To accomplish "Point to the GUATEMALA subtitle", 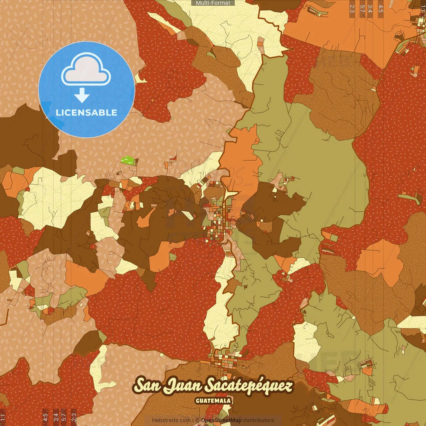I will click(x=213, y=401).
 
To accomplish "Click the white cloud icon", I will click(x=86, y=71).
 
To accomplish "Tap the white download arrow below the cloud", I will click(x=82, y=96).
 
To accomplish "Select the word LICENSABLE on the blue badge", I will click(x=87, y=112).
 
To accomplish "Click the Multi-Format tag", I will click(x=213, y=3).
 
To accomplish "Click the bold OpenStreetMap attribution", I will click(x=221, y=420).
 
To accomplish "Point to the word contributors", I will click(x=259, y=420).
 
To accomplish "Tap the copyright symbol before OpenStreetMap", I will click(x=197, y=420).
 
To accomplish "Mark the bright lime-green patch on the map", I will click(x=127, y=160).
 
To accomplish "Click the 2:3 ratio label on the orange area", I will click(x=352, y=9).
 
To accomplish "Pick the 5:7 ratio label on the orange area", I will click(x=362, y=9).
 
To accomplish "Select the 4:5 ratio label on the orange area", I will click(x=381, y=9).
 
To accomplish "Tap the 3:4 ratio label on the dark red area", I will click(x=56, y=417).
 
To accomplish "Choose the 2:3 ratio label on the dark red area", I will click(x=74, y=417).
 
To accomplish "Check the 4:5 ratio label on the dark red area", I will click(x=45, y=417).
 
